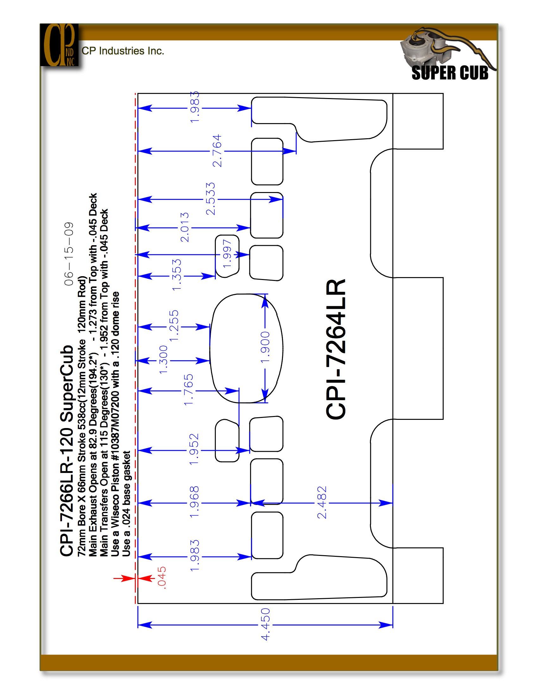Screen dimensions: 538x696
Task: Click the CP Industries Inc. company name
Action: pyautogui.click(x=123, y=51)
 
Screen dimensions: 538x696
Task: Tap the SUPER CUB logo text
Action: pyautogui.click(x=450, y=73)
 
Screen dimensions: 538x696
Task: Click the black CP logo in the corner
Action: pyautogui.click(x=59, y=45)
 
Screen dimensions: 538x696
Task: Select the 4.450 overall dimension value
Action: pyautogui.click(x=265, y=624)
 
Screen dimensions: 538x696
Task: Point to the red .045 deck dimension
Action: pyautogui.click(x=162, y=577)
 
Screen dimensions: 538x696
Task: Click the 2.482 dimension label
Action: pyautogui.click(x=322, y=503)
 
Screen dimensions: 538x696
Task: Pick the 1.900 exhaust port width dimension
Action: pyautogui.click(x=265, y=347)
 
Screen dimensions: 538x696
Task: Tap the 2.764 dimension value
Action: pyautogui.click(x=217, y=151)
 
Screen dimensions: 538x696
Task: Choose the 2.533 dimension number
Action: pyautogui.click(x=210, y=199)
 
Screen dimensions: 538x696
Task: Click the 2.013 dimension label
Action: pyautogui.click(x=185, y=227)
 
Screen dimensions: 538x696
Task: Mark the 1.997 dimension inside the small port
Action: pyautogui.click(x=227, y=254)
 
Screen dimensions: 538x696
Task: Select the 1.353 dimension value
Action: pyautogui.click(x=176, y=275)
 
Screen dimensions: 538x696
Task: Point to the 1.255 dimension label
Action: pyautogui.click(x=174, y=326)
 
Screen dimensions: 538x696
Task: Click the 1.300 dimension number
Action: pyautogui.click(x=163, y=360)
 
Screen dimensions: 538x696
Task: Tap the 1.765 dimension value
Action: pyautogui.click(x=188, y=390)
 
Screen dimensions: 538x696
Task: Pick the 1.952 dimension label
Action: pyautogui.click(x=194, y=449)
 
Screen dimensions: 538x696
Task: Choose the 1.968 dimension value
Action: pyautogui.click(x=194, y=502)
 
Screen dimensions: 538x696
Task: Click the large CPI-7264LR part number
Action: pyautogui.click(x=335, y=349)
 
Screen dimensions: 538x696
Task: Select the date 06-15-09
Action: pyautogui.click(x=69, y=254)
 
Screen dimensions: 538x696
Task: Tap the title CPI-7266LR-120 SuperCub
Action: pyautogui.click(x=66, y=451)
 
